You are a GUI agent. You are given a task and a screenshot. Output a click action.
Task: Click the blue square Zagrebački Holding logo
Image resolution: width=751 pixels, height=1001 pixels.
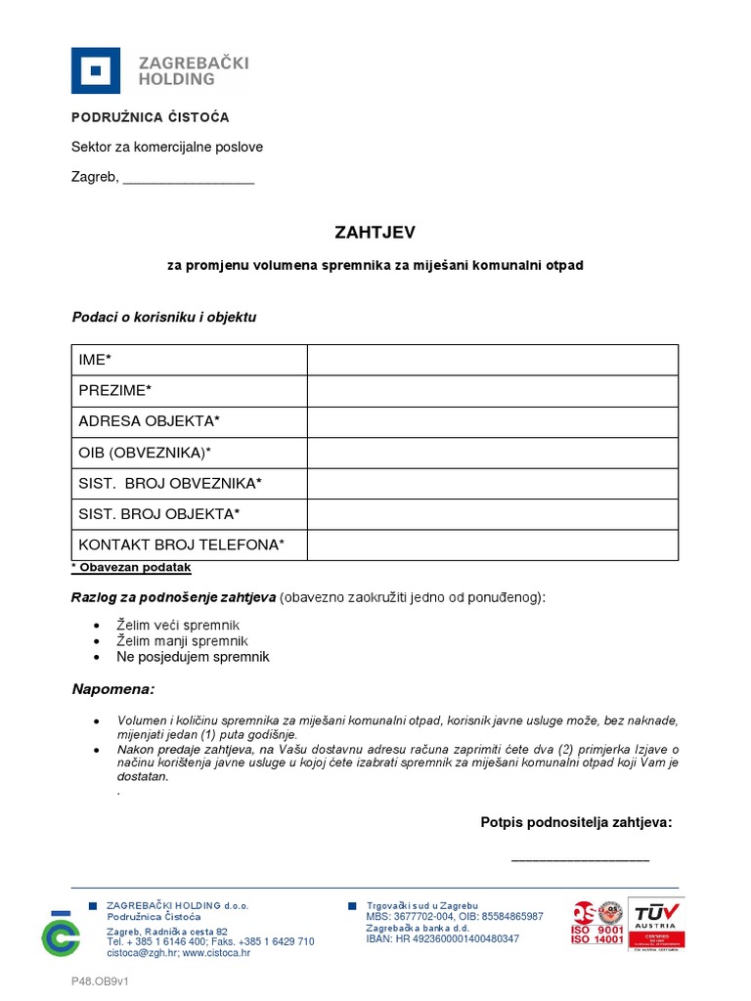point(96,70)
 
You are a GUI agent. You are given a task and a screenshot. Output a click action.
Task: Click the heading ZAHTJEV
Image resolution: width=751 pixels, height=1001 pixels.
point(375,233)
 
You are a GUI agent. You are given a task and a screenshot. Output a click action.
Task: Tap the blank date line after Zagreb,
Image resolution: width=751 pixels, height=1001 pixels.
point(189,179)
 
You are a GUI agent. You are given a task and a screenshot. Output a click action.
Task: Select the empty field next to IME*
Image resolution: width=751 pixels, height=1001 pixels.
point(492,360)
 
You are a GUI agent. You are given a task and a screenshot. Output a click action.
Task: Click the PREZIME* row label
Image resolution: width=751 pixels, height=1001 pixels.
point(115,391)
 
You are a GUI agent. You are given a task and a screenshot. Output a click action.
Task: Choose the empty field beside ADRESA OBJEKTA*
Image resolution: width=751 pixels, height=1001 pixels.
point(492,421)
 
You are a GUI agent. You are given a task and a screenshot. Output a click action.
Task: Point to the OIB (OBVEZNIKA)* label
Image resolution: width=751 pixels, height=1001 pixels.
point(145,453)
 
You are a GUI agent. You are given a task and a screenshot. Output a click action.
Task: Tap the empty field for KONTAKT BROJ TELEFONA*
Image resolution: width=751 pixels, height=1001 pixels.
point(492,544)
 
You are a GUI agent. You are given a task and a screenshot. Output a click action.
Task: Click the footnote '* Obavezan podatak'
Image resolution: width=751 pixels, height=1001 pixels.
point(131,568)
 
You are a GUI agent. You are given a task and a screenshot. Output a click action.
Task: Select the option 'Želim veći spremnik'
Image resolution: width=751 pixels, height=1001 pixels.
point(178,625)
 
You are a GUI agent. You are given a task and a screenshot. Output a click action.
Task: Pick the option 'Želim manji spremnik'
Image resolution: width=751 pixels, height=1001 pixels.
point(182,641)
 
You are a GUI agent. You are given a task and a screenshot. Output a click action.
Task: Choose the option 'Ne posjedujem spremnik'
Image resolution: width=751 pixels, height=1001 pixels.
point(193,657)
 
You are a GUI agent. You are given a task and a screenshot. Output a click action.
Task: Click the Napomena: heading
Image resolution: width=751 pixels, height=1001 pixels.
point(113,690)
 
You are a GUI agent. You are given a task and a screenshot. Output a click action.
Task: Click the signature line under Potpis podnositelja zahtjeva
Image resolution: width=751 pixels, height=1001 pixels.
point(580,859)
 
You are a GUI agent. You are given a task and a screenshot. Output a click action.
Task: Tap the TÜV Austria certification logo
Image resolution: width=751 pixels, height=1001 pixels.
point(655,924)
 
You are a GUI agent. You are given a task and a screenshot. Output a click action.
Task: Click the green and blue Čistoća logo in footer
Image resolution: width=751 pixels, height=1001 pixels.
point(60,934)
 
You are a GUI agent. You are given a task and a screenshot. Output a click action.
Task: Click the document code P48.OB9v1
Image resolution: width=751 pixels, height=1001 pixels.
point(100,980)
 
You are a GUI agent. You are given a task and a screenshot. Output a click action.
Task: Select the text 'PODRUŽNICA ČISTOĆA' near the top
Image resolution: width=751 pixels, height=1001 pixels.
point(150,117)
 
